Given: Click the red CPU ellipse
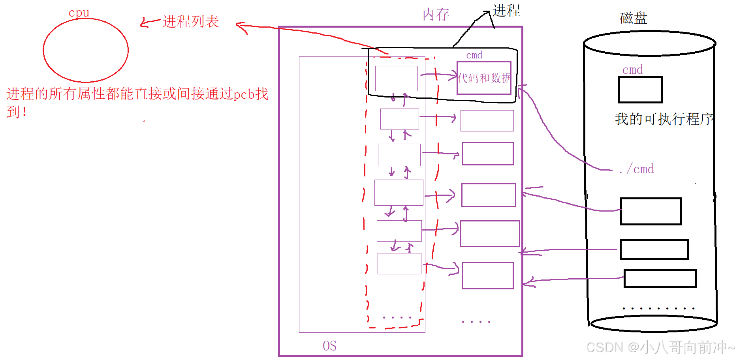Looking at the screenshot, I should click(x=85, y=50).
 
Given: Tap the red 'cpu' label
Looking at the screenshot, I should click(x=79, y=13).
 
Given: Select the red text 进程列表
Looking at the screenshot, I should click(x=190, y=22).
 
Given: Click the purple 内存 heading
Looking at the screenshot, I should click(x=436, y=15).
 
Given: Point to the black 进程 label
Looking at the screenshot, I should click(x=506, y=11).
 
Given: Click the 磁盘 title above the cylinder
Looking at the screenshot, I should click(x=633, y=18).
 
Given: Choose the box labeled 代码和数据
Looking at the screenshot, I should click(x=484, y=78).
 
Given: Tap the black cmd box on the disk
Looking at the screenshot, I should click(x=640, y=90).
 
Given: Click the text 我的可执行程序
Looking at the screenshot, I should click(x=664, y=119).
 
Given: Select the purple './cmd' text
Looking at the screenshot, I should click(x=637, y=169).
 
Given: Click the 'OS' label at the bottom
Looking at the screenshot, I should click(x=329, y=346).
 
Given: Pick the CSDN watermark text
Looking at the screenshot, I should click(x=660, y=347).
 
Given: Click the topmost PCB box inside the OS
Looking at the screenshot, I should click(x=396, y=79).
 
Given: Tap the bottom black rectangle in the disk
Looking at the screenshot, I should click(x=660, y=279).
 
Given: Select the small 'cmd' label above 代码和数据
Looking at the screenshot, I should click(x=474, y=55).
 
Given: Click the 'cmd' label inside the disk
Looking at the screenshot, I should click(x=632, y=70).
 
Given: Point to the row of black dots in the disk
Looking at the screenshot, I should click(x=658, y=308).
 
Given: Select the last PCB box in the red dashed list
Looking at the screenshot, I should click(x=399, y=264).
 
